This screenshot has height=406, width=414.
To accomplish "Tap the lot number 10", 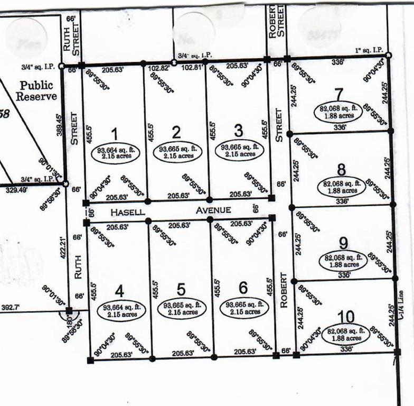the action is tap(345, 317).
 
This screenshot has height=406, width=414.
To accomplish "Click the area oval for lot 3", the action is tap(239, 150).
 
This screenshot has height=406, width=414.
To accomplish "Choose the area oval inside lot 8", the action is tap(342, 187).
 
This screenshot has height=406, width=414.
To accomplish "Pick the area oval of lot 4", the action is tap(120, 311).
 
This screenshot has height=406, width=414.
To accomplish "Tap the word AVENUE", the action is tap(213, 210).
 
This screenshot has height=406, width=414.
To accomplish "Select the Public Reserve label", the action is tap(36, 90).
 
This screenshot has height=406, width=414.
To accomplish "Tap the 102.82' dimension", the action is tap(158, 68).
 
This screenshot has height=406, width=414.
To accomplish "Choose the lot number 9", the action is tap(343, 243).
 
